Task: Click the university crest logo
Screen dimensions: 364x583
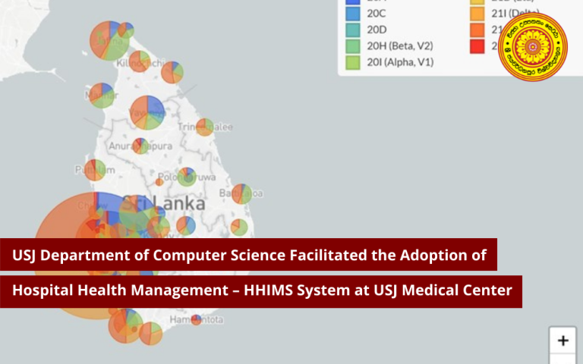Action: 534,47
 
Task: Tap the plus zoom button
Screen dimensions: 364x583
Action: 563,340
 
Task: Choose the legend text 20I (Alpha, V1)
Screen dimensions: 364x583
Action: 401,62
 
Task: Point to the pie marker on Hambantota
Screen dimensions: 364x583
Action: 197,320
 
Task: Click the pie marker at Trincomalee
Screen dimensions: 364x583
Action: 204,127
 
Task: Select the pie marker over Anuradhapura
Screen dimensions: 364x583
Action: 140,146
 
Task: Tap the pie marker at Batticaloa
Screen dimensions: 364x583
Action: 241,194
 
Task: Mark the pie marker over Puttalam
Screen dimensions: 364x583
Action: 94,170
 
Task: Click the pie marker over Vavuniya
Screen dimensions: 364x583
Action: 148,112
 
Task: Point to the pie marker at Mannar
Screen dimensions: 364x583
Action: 101,96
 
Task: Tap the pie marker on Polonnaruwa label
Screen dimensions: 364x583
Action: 187,177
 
